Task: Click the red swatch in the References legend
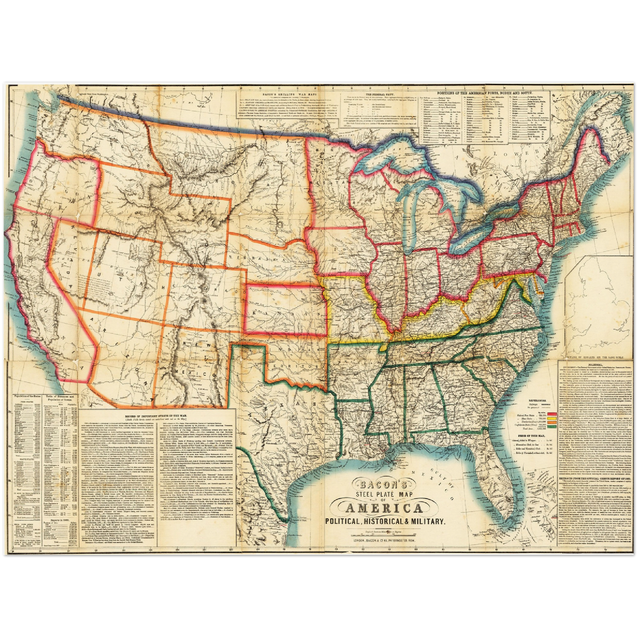(550, 416)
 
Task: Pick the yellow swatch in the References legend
(550, 420)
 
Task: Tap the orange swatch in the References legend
(550, 424)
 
